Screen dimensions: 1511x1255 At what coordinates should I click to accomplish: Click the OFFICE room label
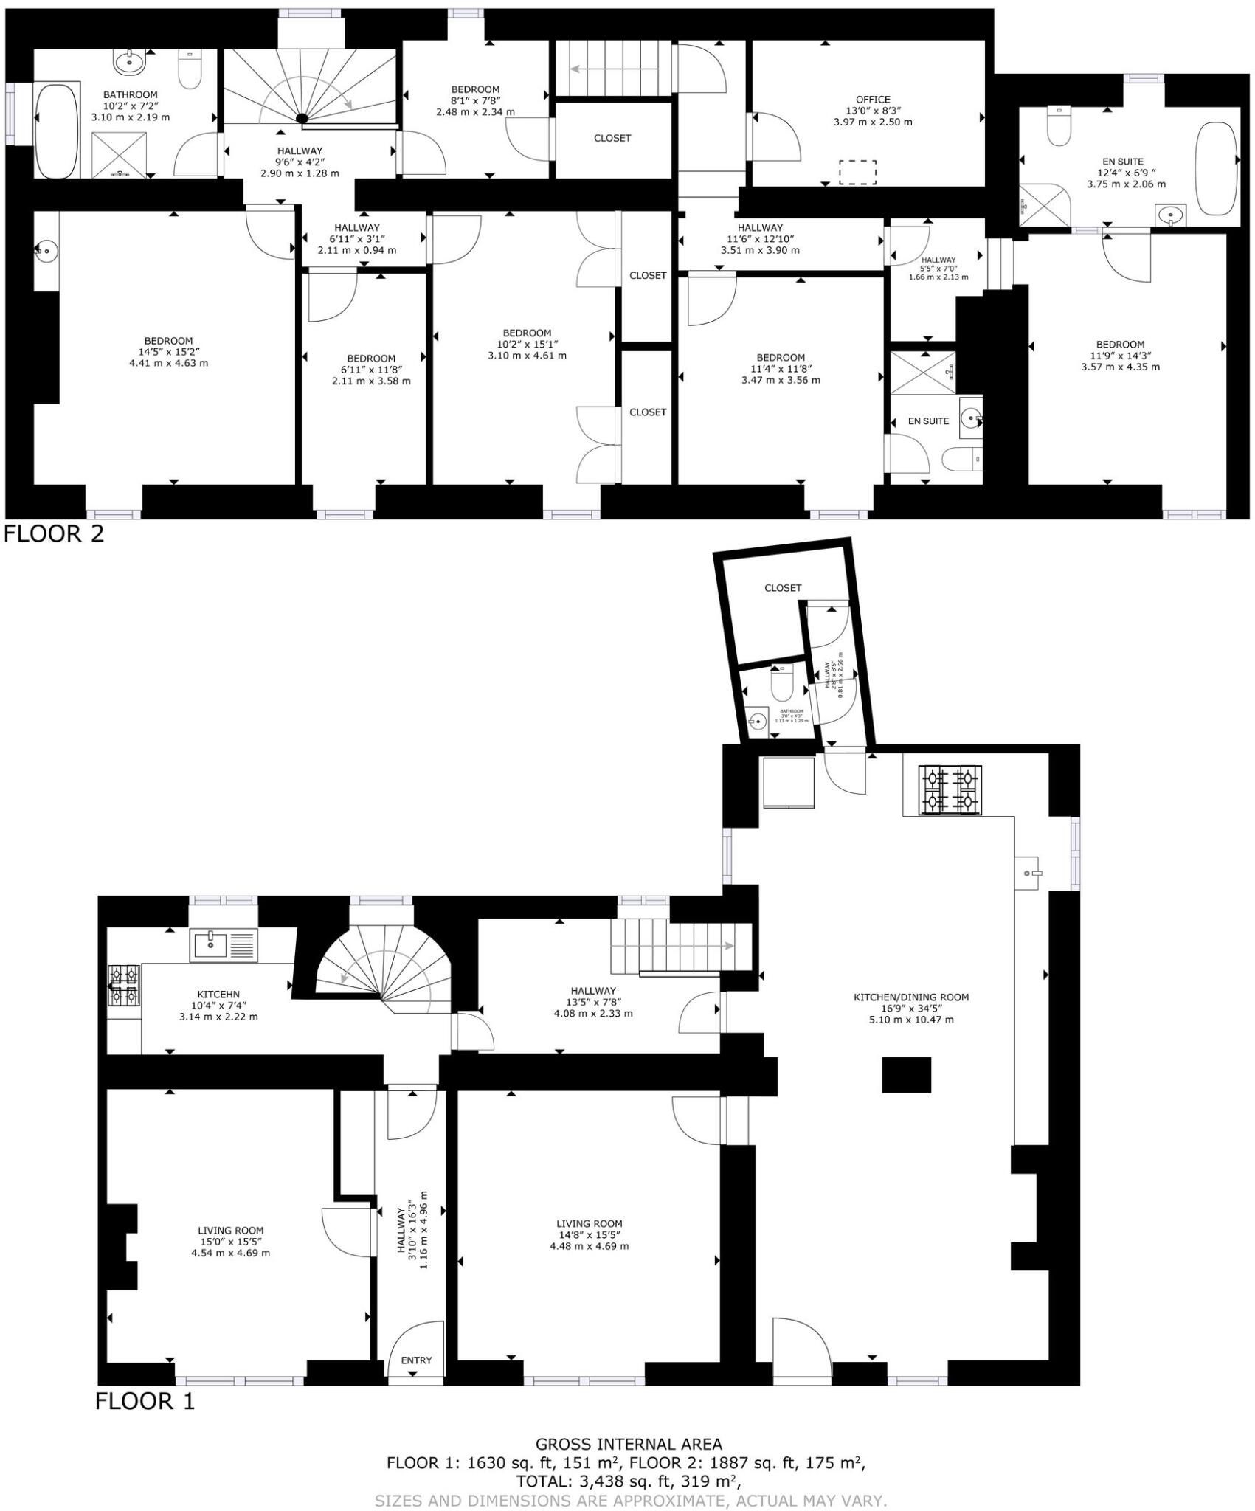click(x=873, y=100)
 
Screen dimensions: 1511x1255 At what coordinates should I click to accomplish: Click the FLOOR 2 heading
click(x=54, y=533)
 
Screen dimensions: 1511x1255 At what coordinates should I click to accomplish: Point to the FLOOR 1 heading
click(x=145, y=1401)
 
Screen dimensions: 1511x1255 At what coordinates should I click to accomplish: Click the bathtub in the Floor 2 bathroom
click(x=57, y=131)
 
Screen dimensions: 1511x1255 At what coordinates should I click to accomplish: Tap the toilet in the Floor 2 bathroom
click(x=190, y=70)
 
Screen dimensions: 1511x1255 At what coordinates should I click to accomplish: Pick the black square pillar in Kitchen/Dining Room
click(x=906, y=1075)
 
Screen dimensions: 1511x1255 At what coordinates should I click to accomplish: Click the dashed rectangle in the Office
click(x=857, y=172)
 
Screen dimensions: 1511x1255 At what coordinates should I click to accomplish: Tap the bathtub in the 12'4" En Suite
click(x=1215, y=168)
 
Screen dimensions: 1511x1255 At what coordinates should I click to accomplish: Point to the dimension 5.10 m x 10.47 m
click(x=910, y=1020)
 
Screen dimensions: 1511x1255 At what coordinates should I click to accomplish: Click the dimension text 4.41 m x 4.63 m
click(x=168, y=363)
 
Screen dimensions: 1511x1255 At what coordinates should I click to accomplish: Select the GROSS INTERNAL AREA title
click(x=629, y=1444)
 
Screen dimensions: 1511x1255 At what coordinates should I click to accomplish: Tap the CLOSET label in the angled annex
click(x=783, y=588)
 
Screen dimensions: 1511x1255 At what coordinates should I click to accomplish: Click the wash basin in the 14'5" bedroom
click(x=46, y=252)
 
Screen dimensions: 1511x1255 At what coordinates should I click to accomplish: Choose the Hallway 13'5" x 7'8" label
click(x=593, y=1002)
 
